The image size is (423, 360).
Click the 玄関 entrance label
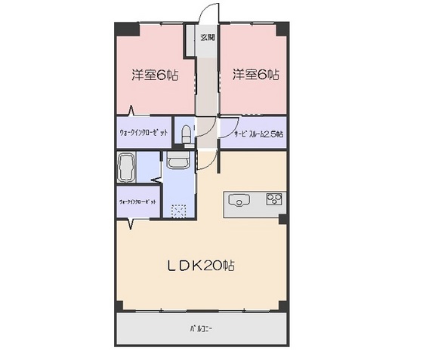pyautogui.click(x=207, y=36)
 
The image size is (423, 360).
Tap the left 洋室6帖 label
pyautogui.click(x=154, y=75)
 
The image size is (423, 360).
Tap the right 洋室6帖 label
pyautogui.click(x=255, y=75)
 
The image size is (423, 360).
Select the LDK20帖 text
pyautogui.click(x=201, y=266)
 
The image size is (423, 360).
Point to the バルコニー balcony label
pyautogui.click(x=201, y=330)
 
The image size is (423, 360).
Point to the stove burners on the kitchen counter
pyautogui.click(x=272, y=200)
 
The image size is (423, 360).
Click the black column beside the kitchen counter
pyautogui.click(x=282, y=219)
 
